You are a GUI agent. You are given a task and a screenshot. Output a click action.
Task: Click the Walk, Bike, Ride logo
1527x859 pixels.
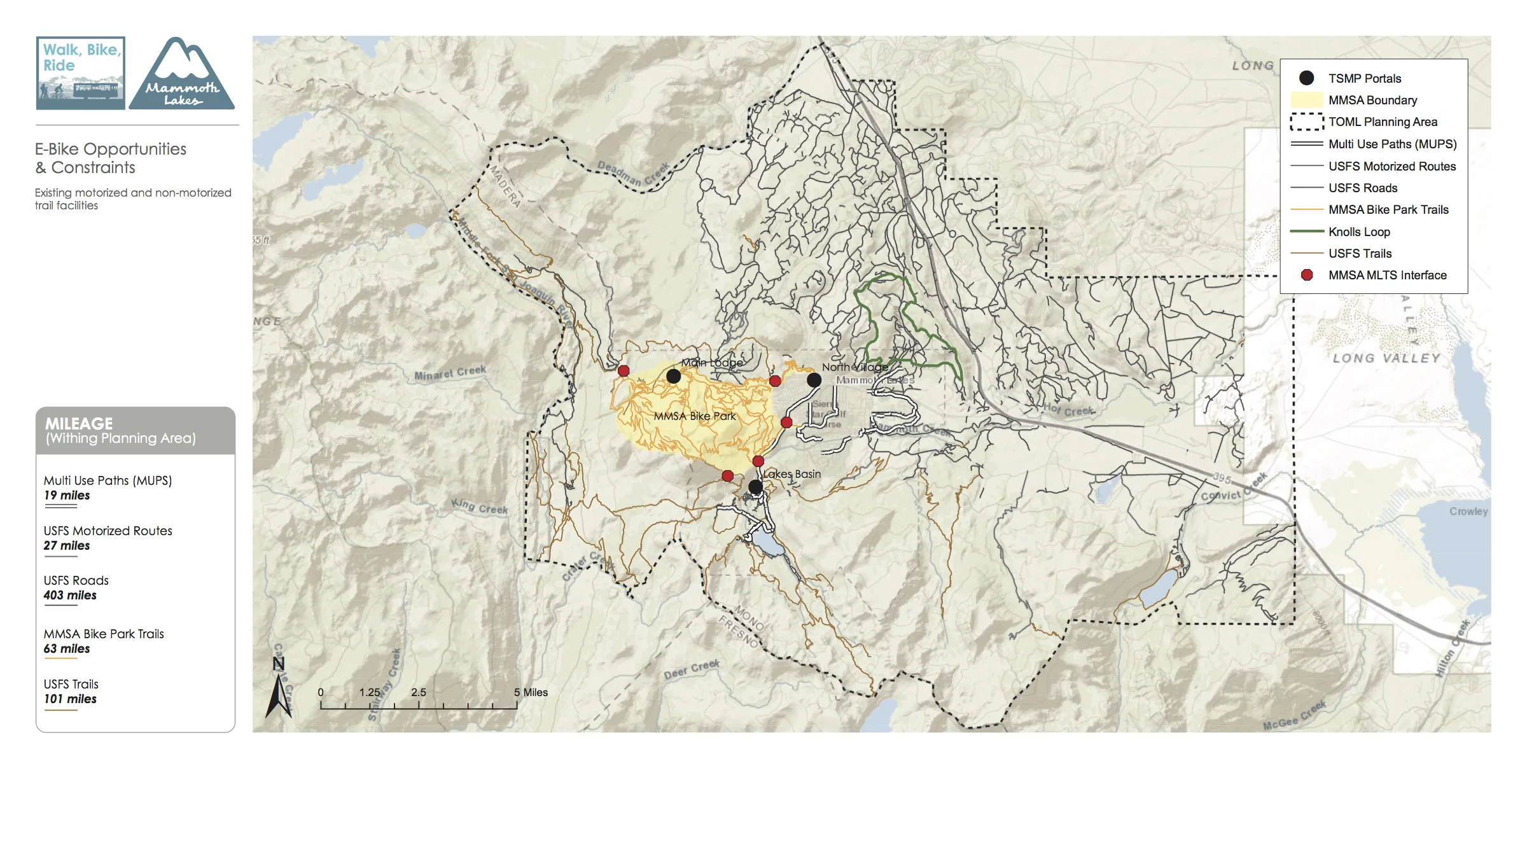point(80,73)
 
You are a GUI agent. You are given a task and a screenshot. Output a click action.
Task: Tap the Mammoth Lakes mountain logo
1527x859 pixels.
point(182,74)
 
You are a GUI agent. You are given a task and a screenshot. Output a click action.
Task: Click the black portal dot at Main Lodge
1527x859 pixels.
point(673,376)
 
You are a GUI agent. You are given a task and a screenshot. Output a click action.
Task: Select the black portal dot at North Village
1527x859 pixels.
point(814,380)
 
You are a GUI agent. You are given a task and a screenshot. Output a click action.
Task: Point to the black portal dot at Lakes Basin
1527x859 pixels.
point(755,487)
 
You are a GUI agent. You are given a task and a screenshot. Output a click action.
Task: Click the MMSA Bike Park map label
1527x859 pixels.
point(694,416)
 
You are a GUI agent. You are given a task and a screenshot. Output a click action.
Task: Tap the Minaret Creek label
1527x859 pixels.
point(450,373)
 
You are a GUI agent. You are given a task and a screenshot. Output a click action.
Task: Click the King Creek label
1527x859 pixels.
point(480,506)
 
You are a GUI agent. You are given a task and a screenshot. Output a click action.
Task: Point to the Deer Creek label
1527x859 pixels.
point(692,669)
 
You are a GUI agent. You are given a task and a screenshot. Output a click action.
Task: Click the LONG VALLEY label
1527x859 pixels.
point(1386,358)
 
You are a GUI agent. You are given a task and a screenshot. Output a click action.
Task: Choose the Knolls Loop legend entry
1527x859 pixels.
point(1359,232)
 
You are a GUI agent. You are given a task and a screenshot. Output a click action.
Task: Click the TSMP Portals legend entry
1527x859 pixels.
point(1364,78)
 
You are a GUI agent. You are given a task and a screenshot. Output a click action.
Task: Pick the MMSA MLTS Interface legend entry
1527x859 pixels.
point(1387,275)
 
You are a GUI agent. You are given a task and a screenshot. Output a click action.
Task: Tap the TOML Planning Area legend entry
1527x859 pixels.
point(1382,122)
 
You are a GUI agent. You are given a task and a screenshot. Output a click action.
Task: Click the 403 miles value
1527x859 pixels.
point(70,595)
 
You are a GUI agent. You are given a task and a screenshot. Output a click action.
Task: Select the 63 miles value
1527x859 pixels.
point(67,648)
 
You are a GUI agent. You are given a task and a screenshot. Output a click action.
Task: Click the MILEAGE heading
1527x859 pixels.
point(79,423)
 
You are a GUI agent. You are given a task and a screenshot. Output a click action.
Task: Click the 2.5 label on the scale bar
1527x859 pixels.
point(418,692)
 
